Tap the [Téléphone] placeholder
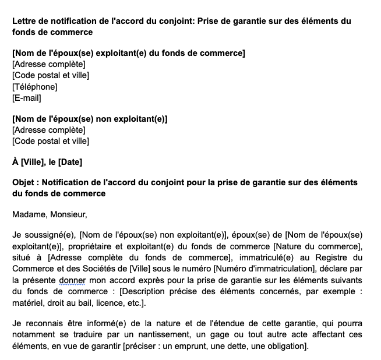pos(34,86)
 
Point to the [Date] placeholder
pos(70,161)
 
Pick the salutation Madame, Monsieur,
pos(50,214)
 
